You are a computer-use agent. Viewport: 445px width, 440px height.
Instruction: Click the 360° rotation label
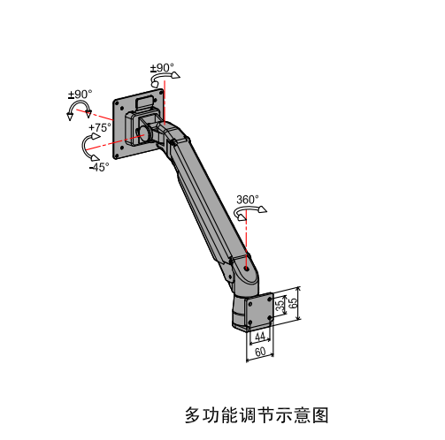pyautogui.click(x=248, y=200)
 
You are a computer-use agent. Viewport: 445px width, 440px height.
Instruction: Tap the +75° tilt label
pyautogui.click(x=100, y=127)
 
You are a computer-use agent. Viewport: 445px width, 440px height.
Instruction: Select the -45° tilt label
pyautogui.click(x=99, y=167)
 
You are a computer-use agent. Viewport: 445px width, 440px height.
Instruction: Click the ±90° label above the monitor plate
pyautogui.click(x=162, y=68)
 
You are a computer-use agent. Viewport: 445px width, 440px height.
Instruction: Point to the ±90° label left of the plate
pyautogui.click(x=81, y=95)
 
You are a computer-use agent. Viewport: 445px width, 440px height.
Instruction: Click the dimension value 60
pyautogui.click(x=260, y=352)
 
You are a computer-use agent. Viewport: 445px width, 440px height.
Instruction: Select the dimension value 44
pyautogui.click(x=260, y=337)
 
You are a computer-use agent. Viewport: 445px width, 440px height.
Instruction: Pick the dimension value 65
pyautogui.click(x=293, y=303)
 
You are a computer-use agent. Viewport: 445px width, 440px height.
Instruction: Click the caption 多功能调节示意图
pyautogui.click(x=257, y=415)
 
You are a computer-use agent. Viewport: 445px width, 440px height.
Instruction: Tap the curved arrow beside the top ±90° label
pyautogui.click(x=162, y=76)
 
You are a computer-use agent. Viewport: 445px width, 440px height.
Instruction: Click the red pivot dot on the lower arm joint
pyautogui.click(x=247, y=269)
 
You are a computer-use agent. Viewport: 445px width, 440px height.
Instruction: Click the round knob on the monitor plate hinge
pyautogui.click(x=144, y=134)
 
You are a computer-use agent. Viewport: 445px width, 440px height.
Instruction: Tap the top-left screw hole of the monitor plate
pyautogui.click(x=117, y=103)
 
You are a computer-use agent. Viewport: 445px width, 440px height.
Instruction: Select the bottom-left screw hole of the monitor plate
pyautogui.click(x=117, y=156)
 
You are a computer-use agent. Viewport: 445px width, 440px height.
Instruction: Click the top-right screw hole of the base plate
pyautogui.click(x=270, y=299)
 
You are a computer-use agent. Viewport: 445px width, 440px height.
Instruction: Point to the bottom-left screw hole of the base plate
pyautogui.click(x=250, y=322)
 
